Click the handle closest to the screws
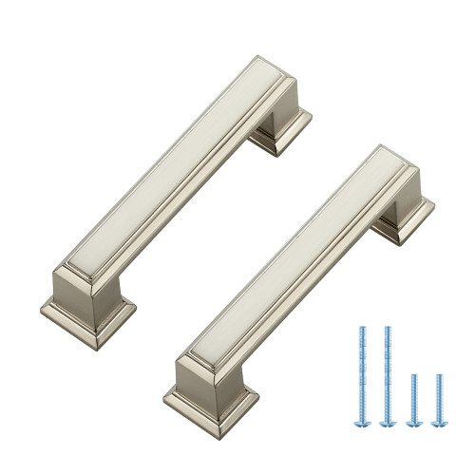[x=285, y=275]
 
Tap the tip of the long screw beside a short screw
[x=387, y=330]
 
